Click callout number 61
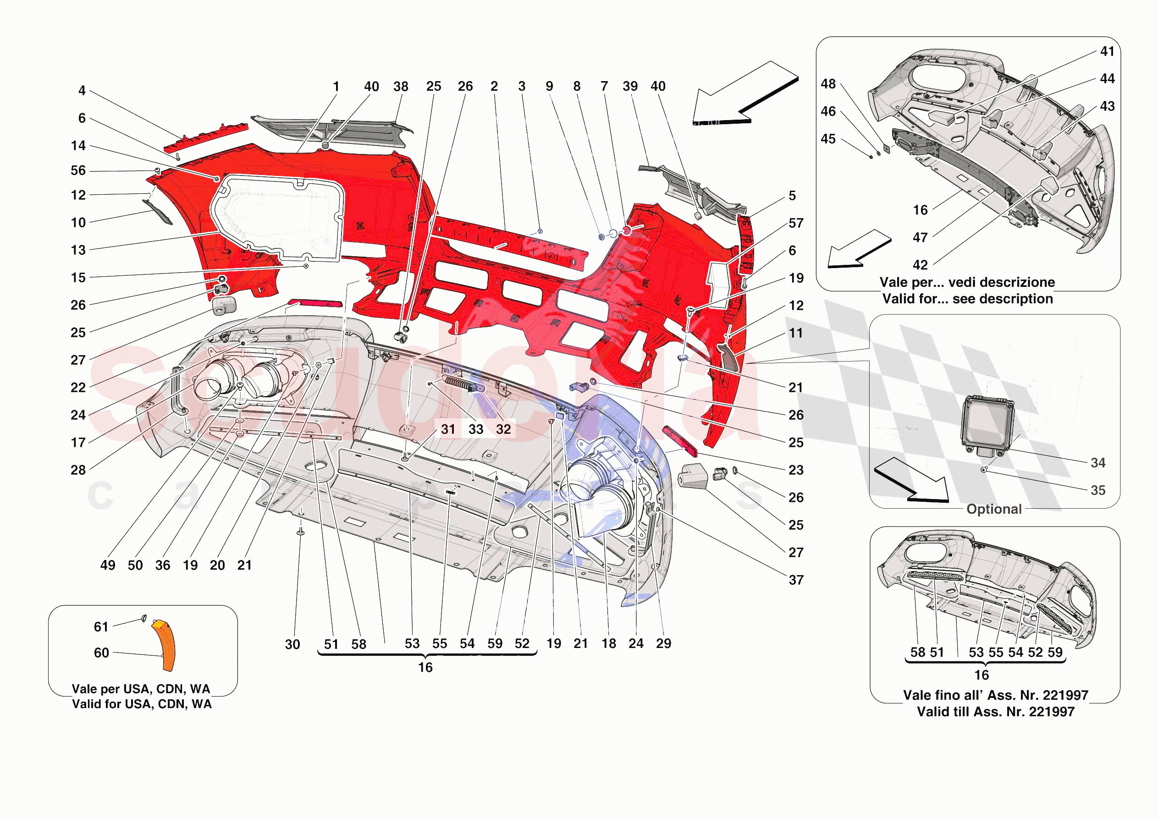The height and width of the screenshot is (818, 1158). pyautogui.click(x=101, y=627)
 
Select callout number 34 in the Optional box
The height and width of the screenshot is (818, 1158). pyautogui.click(x=1098, y=463)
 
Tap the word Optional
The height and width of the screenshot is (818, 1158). pyautogui.click(x=993, y=509)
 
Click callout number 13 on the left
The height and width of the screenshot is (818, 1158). pyautogui.click(x=78, y=250)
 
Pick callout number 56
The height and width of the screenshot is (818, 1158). pyautogui.click(x=78, y=170)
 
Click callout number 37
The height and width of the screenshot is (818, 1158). pyautogui.click(x=796, y=580)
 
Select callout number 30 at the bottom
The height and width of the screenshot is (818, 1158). pyautogui.click(x=292, y=644)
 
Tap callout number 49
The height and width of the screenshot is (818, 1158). pyautogui.click(x=107, y=565)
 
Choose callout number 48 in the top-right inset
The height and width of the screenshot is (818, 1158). pyautogui.click(x=828, y=84)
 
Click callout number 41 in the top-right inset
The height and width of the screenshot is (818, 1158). pyautogui.click(x=1107, y=51)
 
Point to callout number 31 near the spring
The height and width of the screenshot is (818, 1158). pyautogui.click(x=448, y=429)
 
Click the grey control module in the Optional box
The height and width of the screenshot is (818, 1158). pyautogui.click(x=987, y=423)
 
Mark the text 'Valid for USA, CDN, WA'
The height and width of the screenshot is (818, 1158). pyautogui.click(x=142, y=704)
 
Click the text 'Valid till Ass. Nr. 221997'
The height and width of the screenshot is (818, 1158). pyautogui.click(x=995, y=712)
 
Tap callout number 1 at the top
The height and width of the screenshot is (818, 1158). pyautogui.click(x=336, y=87)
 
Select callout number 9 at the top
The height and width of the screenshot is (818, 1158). pyautogui.click(x=549, y=86)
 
